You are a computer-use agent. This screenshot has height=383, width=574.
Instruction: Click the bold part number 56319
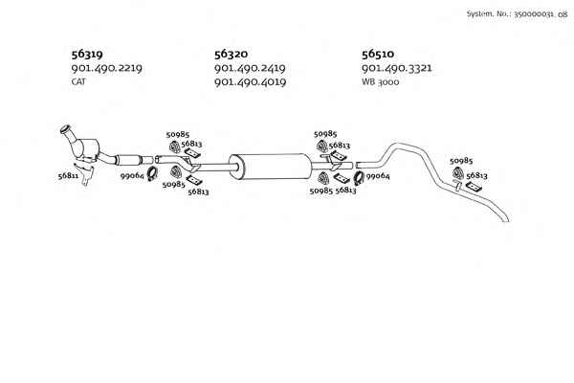pyautogui.click(x=87, y=55)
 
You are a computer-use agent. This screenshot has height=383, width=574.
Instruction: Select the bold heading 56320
pyautogui.click(x=231, y=55)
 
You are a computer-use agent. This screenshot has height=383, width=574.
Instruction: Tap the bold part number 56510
pyautogui.click(x=378, y=55)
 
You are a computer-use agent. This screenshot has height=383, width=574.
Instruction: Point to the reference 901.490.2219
pyautogui.click(x=106, y=68)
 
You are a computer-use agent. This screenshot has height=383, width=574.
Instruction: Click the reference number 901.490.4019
pyautogui.click(x=250, y=81)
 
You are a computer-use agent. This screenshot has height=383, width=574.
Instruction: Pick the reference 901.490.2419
pyautogui.click(x=250, y=68)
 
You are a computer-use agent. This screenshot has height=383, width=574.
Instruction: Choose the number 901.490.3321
pyautogui.click(x=396, y=68)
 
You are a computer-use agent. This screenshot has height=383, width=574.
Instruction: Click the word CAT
pyautogui.click(x=78, y=81)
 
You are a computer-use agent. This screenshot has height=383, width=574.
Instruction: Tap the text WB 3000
pyautogui.click(x=381, y=81)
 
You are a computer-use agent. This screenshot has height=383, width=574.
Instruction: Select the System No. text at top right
pyautogui.click(x=517, y=14)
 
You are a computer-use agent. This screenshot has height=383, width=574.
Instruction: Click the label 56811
pyautogui.click(x=68, y=176)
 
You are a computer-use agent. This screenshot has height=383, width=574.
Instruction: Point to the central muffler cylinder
pyautogui.click(x=271, y=167)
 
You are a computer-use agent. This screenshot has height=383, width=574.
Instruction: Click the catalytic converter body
pyautogui.click(x=89, y=149)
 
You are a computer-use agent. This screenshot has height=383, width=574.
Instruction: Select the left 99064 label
pyautogui.click(x=132, y=176)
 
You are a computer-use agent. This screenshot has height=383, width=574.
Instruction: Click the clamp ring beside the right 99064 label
pyautogui.click(x=359, y=178)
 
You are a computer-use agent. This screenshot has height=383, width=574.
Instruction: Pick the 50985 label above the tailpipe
pyautogui.click(x=461, y=161)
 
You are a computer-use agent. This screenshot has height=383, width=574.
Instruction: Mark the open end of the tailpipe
pyautogui.click(x=507, y=220)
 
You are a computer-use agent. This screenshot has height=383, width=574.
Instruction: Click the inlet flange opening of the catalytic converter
pyautogui.click(x=65, y=128)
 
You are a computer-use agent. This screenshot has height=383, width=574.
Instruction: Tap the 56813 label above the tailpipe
pyautogui.click(x=476, y=176)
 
